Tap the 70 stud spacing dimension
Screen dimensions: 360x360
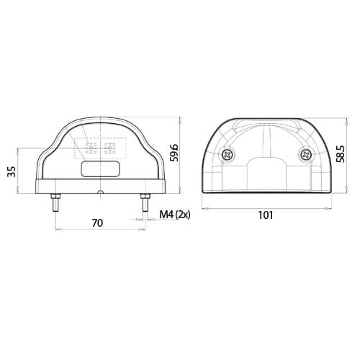pos(98,224)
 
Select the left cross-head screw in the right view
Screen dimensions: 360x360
pos(229,153)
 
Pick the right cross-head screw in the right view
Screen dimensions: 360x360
pos(305,153)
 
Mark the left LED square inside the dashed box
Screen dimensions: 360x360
pos(91,150)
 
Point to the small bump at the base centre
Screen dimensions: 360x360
pos(100,192)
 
